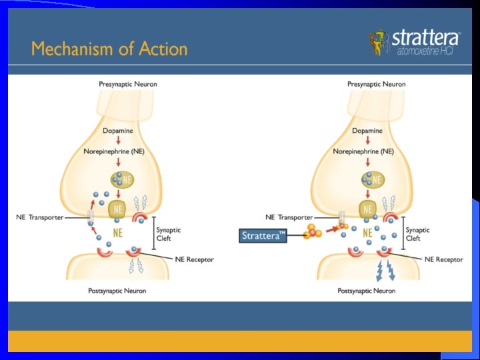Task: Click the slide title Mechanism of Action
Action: [x=109, y=49]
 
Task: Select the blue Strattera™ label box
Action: [x=263, y=235]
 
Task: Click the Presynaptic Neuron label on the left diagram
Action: [x=128, y=84]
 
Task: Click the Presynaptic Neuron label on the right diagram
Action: [x=377, y=84]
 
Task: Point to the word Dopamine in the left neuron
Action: [x=117, y=131]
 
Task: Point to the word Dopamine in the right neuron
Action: [x=367, y=131]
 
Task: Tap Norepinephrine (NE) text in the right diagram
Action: [x=363, y=151]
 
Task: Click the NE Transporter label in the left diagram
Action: [x=40, y=217]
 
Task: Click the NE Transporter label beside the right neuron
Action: [x=289, y=217]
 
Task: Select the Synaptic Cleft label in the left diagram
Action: [x=168, y=234]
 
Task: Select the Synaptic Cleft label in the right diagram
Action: [x=417, y=234]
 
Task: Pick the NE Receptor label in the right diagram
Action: [x=443, y=259]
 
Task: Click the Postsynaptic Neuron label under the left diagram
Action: [x=117, y=291]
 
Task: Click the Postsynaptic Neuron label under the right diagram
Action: [x=367, y=291]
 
